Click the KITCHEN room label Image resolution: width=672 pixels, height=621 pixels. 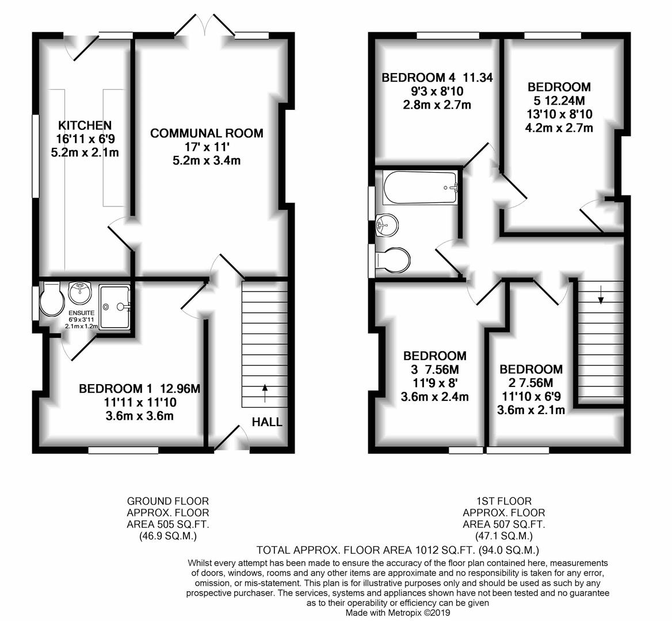tap(85, 125)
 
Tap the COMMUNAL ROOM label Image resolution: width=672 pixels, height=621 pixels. tap(207, 133)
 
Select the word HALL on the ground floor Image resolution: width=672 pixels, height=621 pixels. tap(267, 422)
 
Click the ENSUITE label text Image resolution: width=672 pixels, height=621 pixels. tap(81, 313)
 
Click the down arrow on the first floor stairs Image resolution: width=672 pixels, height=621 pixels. tap(601, 294)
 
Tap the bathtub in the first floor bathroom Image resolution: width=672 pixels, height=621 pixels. tap(421, 187)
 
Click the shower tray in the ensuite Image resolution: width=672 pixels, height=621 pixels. tap(114, 306)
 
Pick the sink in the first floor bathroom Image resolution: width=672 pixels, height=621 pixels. tap(387, 224)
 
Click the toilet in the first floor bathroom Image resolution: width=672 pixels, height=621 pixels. tap(392, 260)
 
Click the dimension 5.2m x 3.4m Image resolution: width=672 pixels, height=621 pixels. tap(207, 160)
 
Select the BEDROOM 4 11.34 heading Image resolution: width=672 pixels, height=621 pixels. tap(437, 78)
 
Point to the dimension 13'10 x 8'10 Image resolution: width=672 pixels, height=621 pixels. tap(559, 114)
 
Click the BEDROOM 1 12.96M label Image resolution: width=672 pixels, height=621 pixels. tap(140, 389)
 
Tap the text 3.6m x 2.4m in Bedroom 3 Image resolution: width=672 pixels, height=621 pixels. tap(434, 397)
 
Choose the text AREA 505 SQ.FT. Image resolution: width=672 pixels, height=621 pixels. tap(167, 524)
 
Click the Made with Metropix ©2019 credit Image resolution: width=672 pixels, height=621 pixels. tap(398, 613)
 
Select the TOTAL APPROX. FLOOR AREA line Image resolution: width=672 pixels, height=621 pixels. tap(398, 550)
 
